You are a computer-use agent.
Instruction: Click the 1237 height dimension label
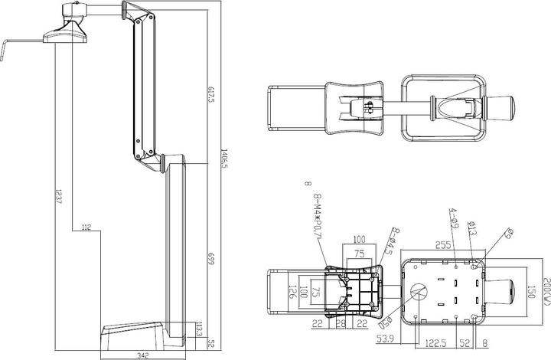(x=58, y=200)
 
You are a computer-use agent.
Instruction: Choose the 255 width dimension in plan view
(x=443, y=245)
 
